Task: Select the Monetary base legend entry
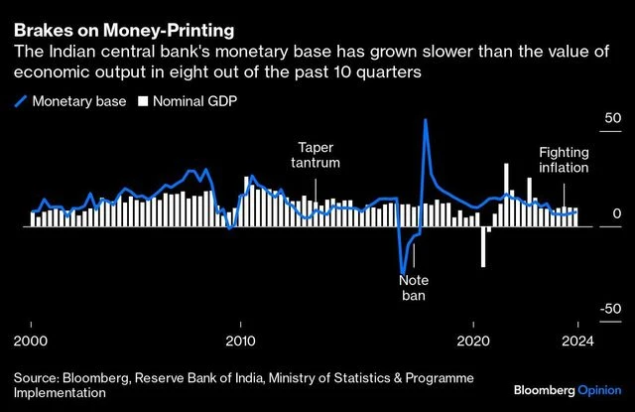click(x=72, y=100)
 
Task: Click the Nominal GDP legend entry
click(x=193, y=100)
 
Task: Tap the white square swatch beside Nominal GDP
click(x=143, y=100)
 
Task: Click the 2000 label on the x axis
click(x=31, y=339)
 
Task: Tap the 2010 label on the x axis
click(x=240, y=339)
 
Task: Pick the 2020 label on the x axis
click(x=474, y=339)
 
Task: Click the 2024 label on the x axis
click(x=577, y=339)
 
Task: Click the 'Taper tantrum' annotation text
click(x=315, y=154)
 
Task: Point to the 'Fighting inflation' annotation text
click(x=564, y=160)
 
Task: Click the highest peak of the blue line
click(x=426, y=120)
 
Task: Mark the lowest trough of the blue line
click(x=402, y=272)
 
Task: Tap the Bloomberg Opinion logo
click(x=567, y=385)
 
